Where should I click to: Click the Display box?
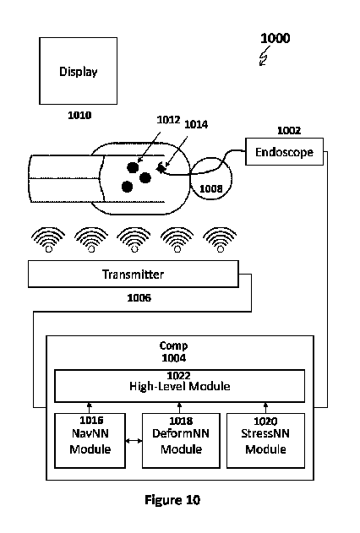point(78,72)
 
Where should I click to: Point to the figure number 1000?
point(274,39)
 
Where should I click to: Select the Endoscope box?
point(284,153)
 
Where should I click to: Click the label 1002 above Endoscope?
point(288,131)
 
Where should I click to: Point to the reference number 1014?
point(197,124)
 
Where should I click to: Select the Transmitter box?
point(133,275)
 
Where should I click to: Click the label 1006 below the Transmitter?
point(139,297)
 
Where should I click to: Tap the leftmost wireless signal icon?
point(49,238)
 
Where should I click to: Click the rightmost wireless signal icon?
point(220,238)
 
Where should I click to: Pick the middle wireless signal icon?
point(134,238)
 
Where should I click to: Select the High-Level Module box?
point(180,385)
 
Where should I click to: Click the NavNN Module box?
point(90,441)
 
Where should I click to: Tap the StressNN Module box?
point(265,441)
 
